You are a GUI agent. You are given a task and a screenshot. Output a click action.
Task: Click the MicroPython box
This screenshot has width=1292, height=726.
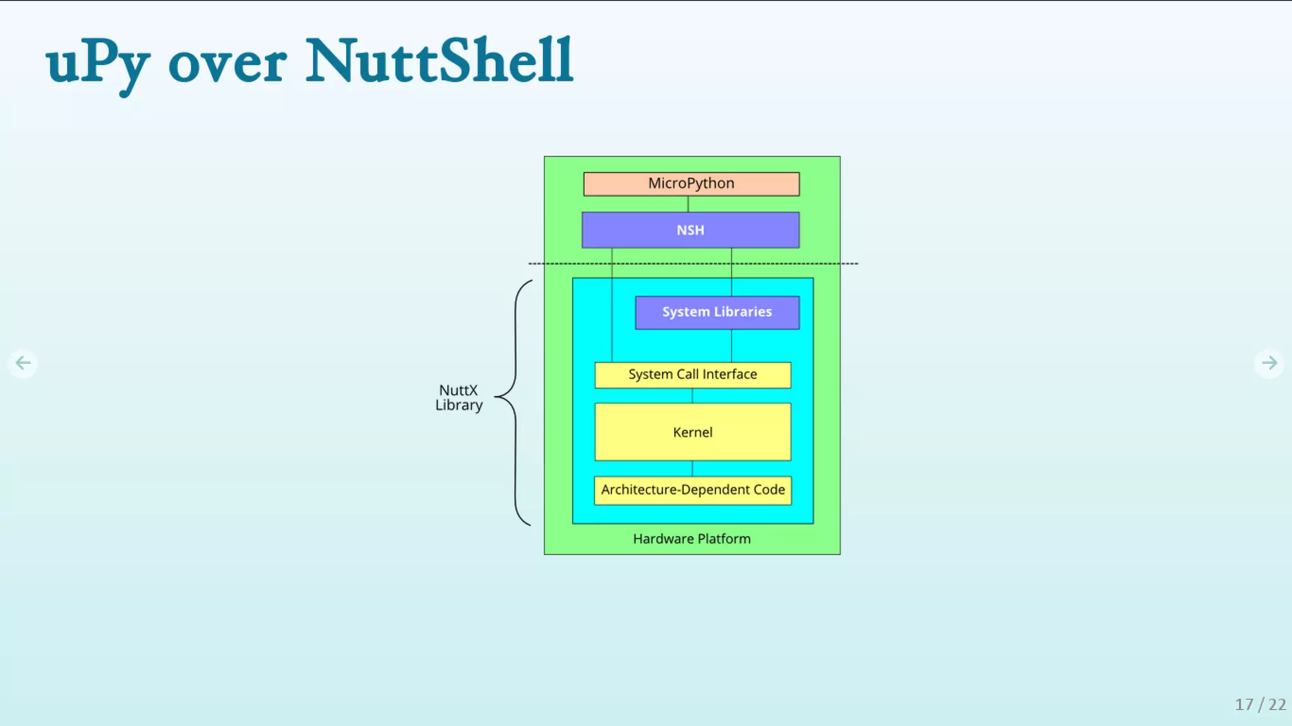691,184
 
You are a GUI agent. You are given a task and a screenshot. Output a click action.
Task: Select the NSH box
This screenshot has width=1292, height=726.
690,230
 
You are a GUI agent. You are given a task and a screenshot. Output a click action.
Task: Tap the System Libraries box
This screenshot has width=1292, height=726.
717,312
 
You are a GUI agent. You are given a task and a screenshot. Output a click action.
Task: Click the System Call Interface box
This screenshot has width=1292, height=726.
693,375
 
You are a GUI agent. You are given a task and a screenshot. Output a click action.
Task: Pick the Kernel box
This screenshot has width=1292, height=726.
693,432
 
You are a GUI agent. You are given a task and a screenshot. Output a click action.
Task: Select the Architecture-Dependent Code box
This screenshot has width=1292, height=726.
693,490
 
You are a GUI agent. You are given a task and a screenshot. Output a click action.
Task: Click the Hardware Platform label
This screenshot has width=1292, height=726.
692,539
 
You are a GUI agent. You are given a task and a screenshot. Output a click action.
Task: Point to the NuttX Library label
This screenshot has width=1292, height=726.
459,398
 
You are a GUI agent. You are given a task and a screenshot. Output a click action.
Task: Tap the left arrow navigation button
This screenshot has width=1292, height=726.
23,363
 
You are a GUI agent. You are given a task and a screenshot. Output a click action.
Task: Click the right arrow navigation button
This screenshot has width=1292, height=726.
1269,363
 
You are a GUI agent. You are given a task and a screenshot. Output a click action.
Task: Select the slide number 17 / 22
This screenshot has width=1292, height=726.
1260,704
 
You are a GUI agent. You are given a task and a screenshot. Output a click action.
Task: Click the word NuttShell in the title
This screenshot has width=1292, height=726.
440,61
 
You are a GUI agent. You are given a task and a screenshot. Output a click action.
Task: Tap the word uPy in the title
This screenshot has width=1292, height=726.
98,63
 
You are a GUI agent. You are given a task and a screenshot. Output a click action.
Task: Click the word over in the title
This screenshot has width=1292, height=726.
227,64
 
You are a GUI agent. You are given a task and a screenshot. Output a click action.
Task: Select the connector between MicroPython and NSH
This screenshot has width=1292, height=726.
688,204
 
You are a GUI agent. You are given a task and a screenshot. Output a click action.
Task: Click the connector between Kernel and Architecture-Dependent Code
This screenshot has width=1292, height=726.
693,468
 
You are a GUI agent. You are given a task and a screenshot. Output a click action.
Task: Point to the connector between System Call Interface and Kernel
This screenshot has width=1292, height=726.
693,395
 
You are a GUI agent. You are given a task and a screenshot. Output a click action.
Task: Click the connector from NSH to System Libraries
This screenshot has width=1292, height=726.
732,272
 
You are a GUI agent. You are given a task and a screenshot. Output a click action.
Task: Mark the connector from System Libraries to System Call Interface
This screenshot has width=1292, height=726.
732,346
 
